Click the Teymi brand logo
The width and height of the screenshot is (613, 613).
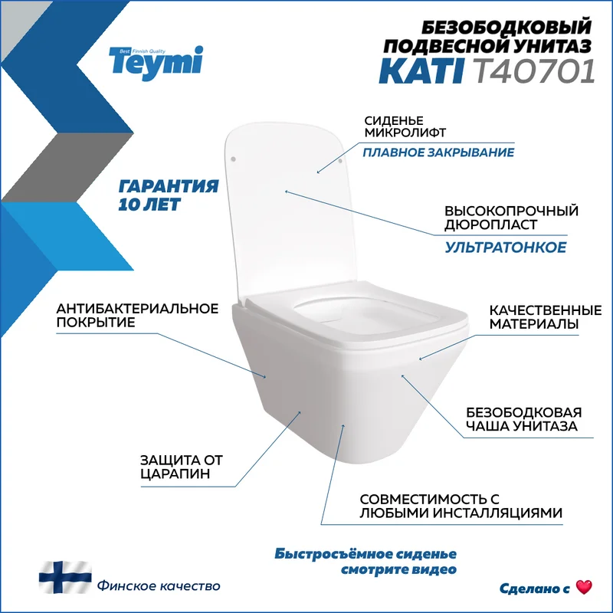pos(156,64)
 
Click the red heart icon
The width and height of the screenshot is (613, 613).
pos(584,587)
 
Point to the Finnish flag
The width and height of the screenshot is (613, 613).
pos(65,578)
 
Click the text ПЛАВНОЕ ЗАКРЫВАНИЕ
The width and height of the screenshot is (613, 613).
pos(438,152)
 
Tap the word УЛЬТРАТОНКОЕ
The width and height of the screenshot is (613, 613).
pos(506,247)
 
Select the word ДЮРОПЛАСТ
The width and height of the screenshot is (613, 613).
pos(490,225)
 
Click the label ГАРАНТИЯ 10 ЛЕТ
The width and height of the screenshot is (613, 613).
pos(168,195)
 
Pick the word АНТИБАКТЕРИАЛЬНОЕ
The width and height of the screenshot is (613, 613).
pos(137,309)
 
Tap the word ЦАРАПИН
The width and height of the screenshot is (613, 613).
pos(175,474)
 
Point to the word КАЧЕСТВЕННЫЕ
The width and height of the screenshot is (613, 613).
pos(546,310)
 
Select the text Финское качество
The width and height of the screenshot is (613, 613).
pos(159,586)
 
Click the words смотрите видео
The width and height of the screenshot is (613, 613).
pos(398,569)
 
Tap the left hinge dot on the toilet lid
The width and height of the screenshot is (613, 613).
pos(234,159)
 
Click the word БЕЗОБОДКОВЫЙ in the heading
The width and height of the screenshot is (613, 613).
pos(506,28)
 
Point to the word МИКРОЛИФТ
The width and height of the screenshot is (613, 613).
pos(405,133)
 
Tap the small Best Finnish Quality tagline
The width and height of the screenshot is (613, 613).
pos(143,51)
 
